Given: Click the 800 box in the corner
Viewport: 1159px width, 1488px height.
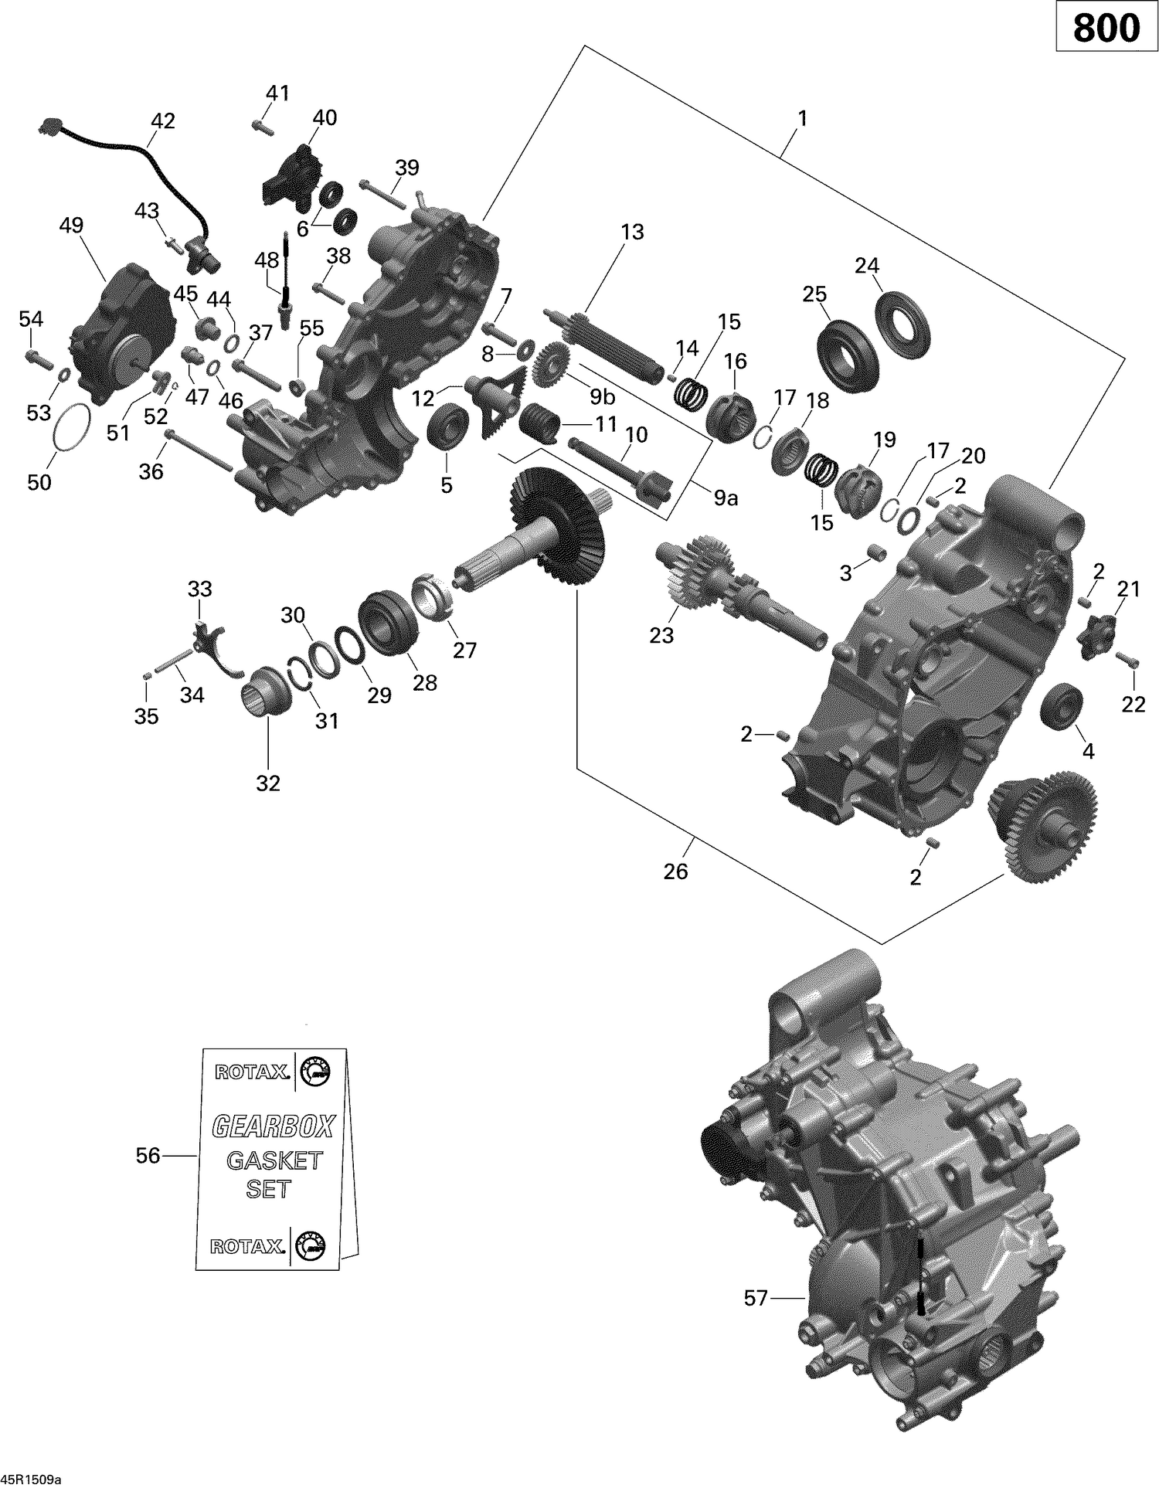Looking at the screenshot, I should tap(1106, 29).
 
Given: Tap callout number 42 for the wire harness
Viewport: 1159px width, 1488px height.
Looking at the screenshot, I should tap(162, 121).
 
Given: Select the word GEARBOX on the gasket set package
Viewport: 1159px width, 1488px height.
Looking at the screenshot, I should tap(273, 1127).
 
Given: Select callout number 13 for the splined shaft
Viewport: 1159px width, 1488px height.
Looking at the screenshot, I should tap(632, 232).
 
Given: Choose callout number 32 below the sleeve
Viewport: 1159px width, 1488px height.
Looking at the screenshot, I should tap(267, 783).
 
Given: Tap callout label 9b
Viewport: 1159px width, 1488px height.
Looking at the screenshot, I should tap(602, 397).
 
